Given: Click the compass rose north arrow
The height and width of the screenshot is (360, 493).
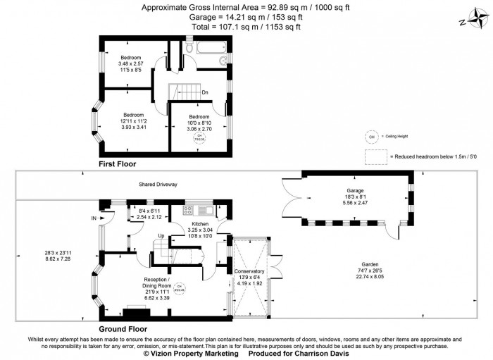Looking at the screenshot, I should point(473,20).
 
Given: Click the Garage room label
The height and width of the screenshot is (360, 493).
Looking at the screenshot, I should point(354,190).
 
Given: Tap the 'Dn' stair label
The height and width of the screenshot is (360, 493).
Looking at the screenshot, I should point(205,92).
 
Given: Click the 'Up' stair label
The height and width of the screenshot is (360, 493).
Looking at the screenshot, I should point(161,235).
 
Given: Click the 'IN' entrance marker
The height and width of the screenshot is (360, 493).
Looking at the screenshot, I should point(94,218).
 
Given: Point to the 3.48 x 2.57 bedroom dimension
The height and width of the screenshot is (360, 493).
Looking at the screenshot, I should point(130,64).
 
